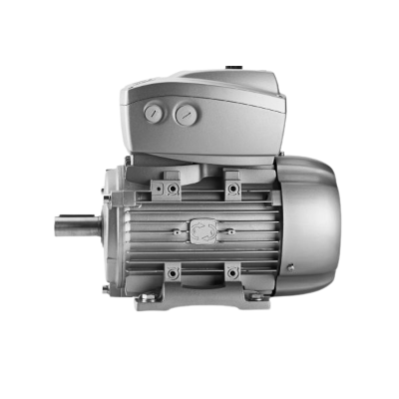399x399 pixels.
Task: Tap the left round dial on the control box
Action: click(153, 116)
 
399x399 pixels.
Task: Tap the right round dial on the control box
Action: click(184, 116)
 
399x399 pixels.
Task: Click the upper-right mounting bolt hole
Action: click(232, 187)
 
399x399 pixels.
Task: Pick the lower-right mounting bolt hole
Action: click(232, 271)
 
